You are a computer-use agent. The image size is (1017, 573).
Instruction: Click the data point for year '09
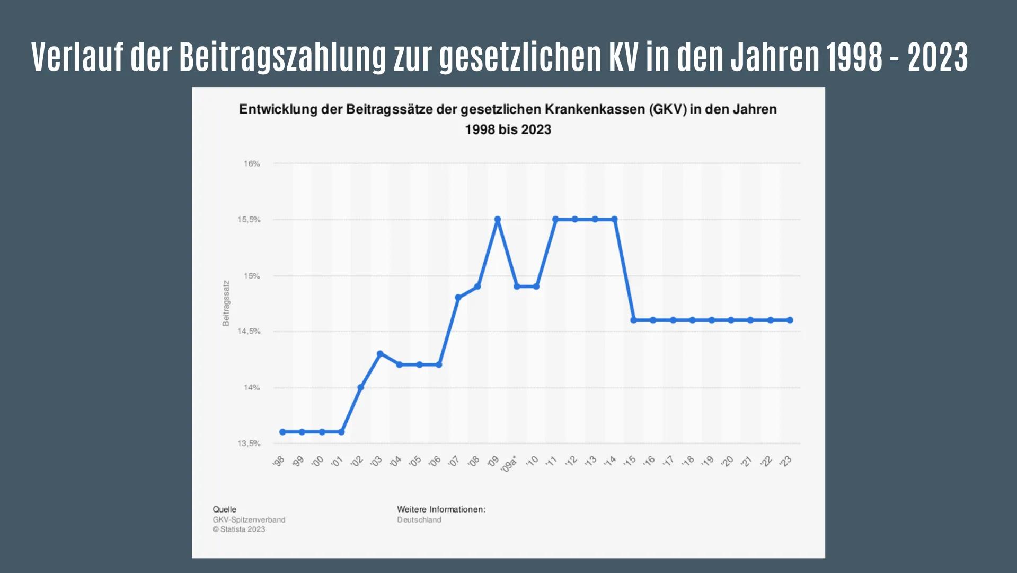497,219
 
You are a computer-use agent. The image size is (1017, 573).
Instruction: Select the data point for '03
380,353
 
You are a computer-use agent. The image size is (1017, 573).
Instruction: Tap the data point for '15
633,320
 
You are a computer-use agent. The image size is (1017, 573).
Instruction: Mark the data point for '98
282,432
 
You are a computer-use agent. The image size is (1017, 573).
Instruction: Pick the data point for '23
790,320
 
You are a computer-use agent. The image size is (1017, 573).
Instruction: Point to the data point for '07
458,298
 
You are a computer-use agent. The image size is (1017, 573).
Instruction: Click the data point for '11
555,219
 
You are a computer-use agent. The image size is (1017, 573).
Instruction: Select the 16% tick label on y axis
252,164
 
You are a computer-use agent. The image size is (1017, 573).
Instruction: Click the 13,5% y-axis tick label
249,444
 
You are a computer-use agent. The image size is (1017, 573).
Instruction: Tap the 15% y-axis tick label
252,276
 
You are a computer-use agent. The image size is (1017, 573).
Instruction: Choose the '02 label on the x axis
357,461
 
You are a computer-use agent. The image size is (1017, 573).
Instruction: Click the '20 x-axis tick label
728,461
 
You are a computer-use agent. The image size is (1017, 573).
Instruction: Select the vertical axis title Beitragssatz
226,303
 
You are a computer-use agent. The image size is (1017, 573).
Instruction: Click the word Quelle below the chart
224,509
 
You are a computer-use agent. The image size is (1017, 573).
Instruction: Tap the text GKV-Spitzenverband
249,520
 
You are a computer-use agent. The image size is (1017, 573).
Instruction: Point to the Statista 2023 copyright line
238,529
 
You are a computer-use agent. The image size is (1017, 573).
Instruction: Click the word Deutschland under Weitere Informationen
419,520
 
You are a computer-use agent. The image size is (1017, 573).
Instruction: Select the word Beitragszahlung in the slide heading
282,57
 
